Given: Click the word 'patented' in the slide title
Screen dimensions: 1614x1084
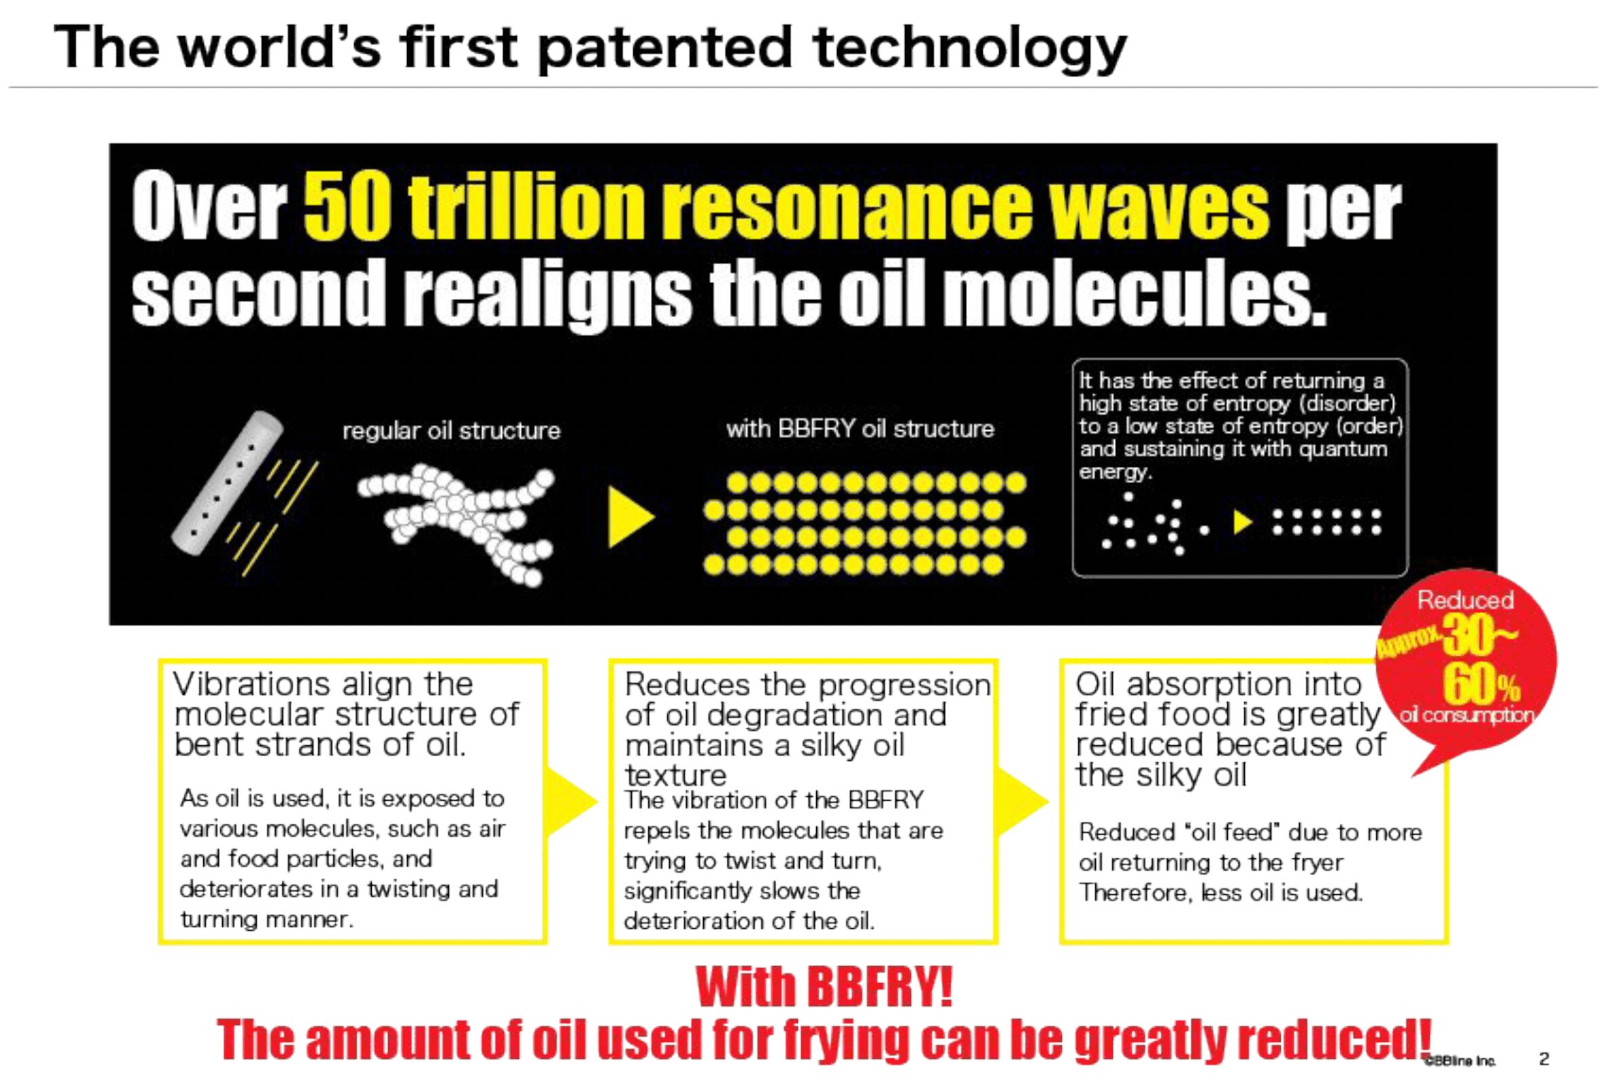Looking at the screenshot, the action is click(x=664, y=48).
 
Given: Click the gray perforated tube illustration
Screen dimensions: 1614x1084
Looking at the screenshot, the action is click(x=228, y=482).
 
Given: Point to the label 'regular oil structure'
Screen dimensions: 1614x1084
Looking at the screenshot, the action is click(x=451, y=431).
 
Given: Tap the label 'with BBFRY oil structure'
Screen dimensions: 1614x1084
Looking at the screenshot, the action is click(x=859, y=430).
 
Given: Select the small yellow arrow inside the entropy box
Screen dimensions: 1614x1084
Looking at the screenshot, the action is click(x=1243, y=522).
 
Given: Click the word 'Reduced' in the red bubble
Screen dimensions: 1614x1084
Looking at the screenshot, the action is click(x=1466, y=600).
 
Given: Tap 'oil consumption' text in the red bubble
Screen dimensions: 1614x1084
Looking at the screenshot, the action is click(x=1466, y=715).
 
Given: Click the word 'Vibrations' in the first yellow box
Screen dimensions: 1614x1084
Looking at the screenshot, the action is click(x=253, y=684).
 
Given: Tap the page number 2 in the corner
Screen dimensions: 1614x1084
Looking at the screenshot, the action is click(x=1544, y=1059).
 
